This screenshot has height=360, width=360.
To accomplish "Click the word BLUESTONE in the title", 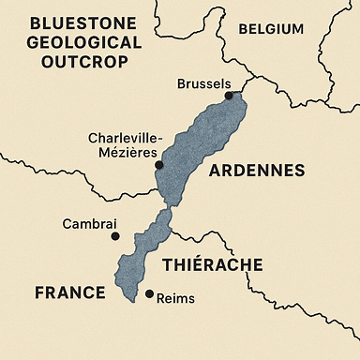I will pyautogui.click(x=69, y=23).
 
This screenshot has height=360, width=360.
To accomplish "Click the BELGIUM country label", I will pyautogui.click(x=271, y=29).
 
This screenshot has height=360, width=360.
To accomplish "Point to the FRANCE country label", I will pyautogui.click(x=69, y=292).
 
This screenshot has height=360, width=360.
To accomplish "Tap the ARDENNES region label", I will pyautogui.click(x=256, y=171).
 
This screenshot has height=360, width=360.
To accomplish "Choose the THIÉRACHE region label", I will pyautogui.click(x=213, y=265).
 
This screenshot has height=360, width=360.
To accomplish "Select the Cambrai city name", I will pyautogui.click(x=88, y=224).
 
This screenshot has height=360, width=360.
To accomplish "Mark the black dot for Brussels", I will pyautogui.click(x=228, y=95).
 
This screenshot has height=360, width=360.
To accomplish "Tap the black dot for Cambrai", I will pyautogui.click(x=115, y=236).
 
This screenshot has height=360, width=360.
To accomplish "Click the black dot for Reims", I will pyautogui.click(x=149, y=294).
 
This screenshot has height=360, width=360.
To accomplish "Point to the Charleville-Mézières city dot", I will pyautogui.click(x=158, y=165).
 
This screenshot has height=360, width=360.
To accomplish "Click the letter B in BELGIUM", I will pyautogui.click(x=244, y=29).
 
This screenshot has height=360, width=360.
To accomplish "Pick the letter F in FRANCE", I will pyautogui.click(x=40, y=292).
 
